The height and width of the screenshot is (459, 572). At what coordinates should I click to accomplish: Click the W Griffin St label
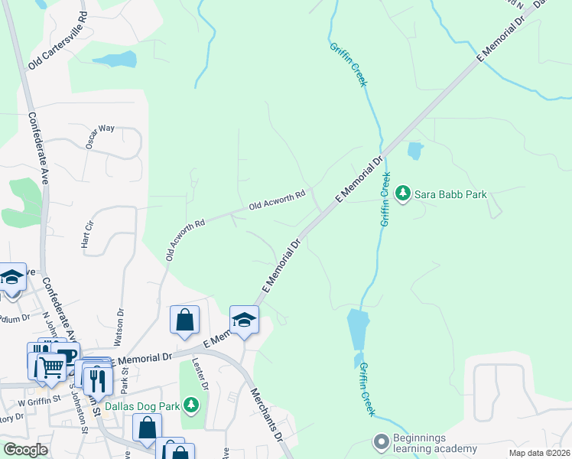28,399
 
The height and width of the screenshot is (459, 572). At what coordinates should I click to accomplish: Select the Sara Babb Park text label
450,194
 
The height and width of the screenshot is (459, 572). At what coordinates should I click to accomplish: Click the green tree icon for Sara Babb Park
403,194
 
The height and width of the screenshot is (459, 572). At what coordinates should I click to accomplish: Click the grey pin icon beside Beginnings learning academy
380,442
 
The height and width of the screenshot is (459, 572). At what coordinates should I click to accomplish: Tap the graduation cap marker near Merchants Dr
245,319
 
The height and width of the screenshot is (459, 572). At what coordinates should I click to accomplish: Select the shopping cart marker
51,366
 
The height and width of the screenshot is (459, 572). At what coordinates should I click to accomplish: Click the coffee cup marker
66,356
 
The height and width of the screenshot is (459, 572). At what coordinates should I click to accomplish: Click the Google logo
25,450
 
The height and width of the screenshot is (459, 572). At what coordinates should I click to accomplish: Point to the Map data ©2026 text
538,453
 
